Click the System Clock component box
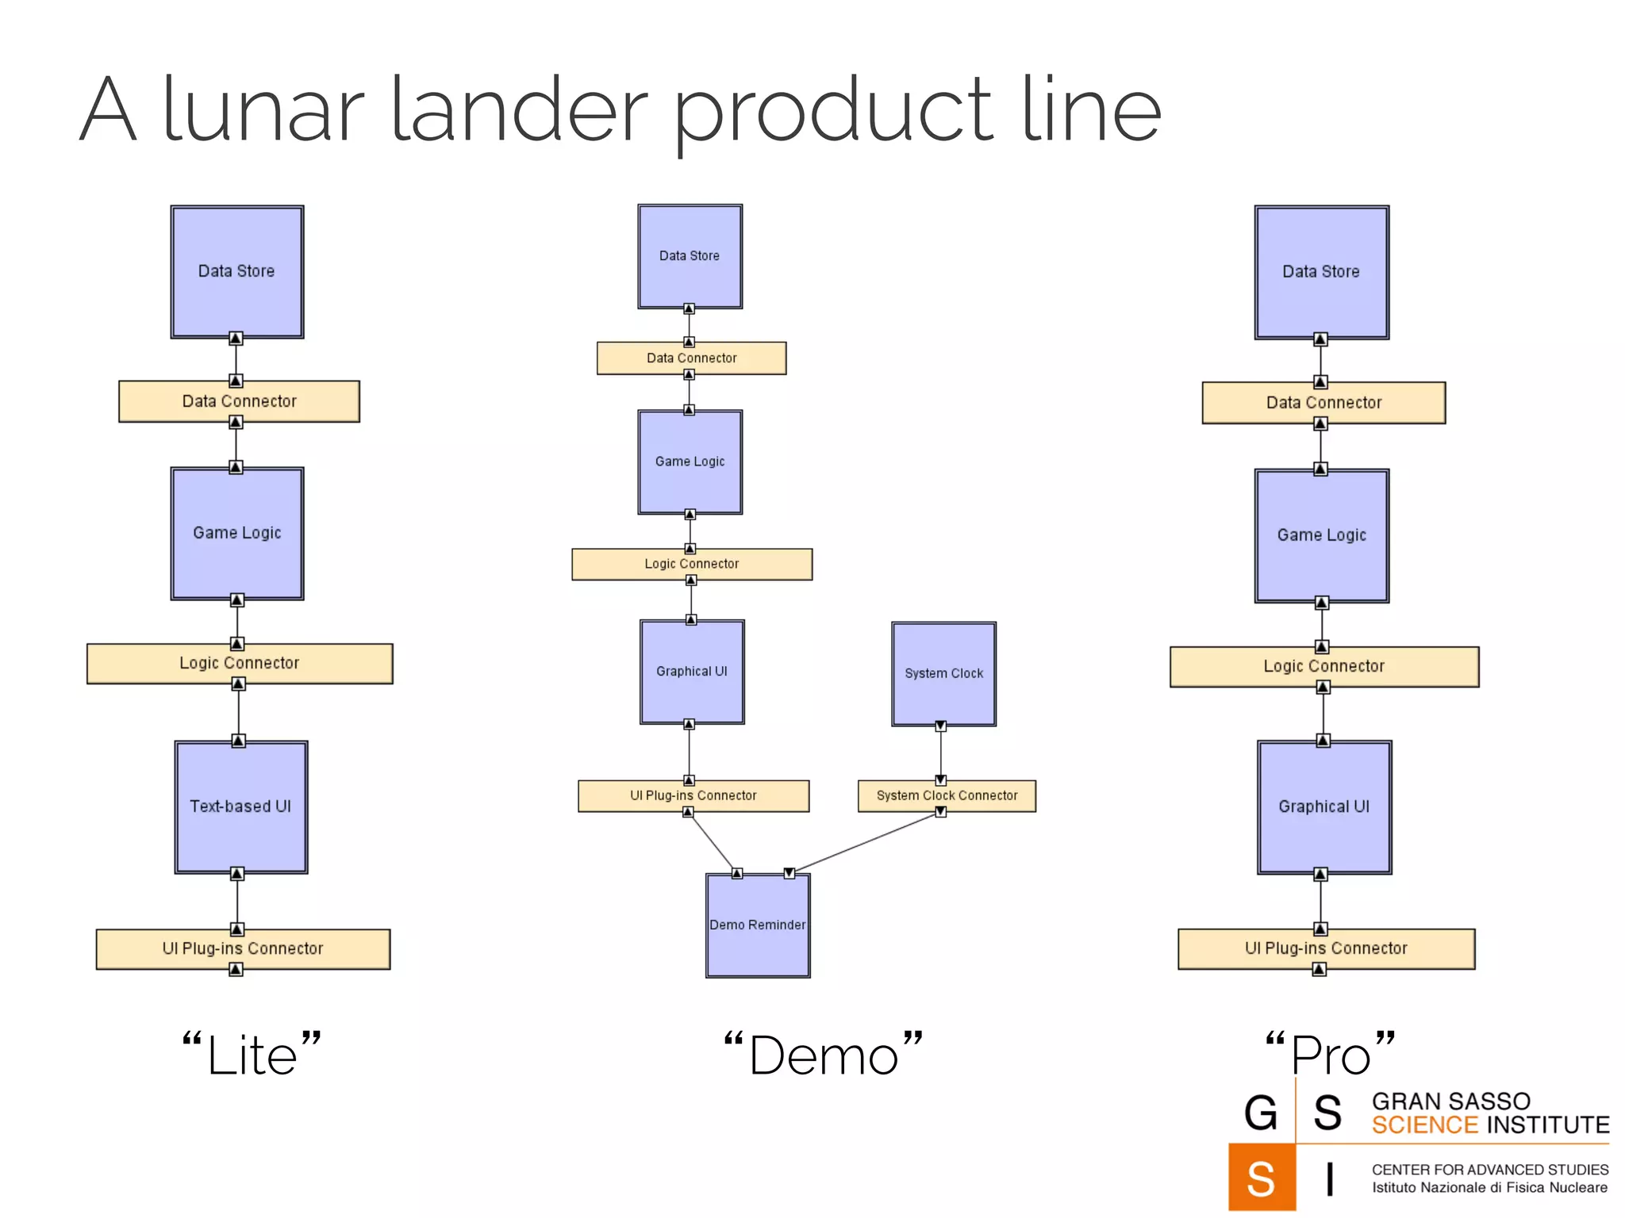click(x=943, y=673)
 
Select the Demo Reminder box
click(x=758, y=925)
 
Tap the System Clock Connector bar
click(x=947, y=795)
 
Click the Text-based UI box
click(x=240, y=806)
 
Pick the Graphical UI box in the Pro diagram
click(x=1323, y=806)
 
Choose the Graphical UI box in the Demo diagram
click(x=691, y=671)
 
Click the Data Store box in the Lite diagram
click(x=236, y=271)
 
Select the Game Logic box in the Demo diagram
click(x=690, y=462)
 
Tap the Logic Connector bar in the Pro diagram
click(x=1323, y=666)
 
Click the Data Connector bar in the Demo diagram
click(x=691, y=358)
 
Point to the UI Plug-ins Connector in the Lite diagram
click(x=243, y=948)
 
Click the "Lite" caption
click(x=252, y=1055)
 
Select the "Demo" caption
click(x=823, y=1055)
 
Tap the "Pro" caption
click(x=1330, y=1055)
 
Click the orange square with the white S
click(x=1261, y=1178)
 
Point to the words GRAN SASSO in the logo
click(x=1450, y=1101)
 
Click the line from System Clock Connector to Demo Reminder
click(x=865, y=842)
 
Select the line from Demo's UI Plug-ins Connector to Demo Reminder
click(x=712, y=842)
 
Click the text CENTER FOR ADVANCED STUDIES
click(x=1489, y=1170)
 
